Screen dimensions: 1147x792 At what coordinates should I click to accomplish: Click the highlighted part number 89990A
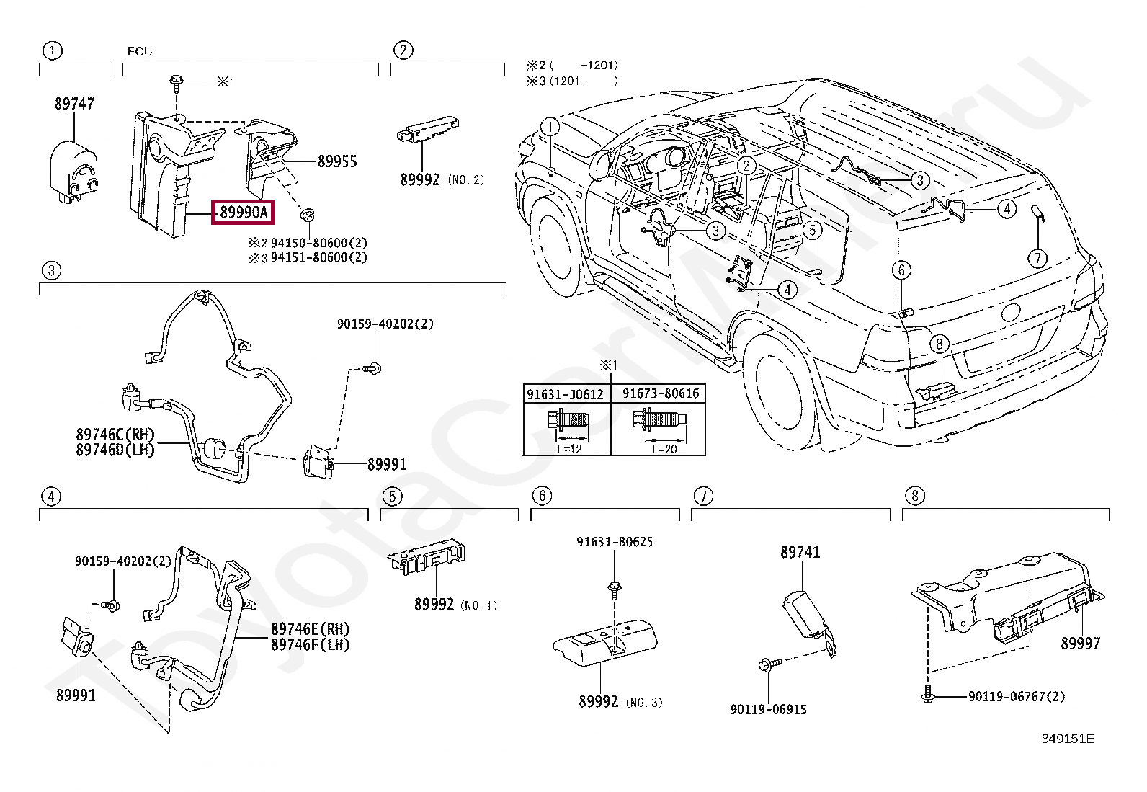tap(244, 212)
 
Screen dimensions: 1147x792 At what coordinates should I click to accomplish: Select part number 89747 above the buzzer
tap(74, 104)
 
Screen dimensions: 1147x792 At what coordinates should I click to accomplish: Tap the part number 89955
tap(337, 161)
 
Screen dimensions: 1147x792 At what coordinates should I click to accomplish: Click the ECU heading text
tap(140, 51)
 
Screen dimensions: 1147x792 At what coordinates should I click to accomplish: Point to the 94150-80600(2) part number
tap(319, 242)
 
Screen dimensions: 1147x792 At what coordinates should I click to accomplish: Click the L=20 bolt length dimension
tap(665, 449)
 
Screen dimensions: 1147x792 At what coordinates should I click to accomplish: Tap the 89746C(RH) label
tap(115, 435)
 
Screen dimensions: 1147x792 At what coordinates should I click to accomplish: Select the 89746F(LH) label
tap(311, 644)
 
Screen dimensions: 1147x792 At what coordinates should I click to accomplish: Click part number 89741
tap(800, 552)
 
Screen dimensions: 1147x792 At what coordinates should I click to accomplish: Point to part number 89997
tap(1081, 643)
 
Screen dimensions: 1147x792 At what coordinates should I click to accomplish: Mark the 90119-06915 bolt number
tap(769, 709)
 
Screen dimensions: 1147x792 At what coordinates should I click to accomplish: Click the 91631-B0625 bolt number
tap(615, 541)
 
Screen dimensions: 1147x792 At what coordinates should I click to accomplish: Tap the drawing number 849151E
tap(1068, 739)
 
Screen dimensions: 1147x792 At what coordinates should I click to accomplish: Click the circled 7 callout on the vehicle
tap(1038, 258)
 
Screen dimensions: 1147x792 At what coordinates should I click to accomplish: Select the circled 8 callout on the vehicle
tap(939, 344)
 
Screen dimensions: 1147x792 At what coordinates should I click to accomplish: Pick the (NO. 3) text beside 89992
tap(644, 702)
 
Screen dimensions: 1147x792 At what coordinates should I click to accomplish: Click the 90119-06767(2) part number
tap(1017, 696)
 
